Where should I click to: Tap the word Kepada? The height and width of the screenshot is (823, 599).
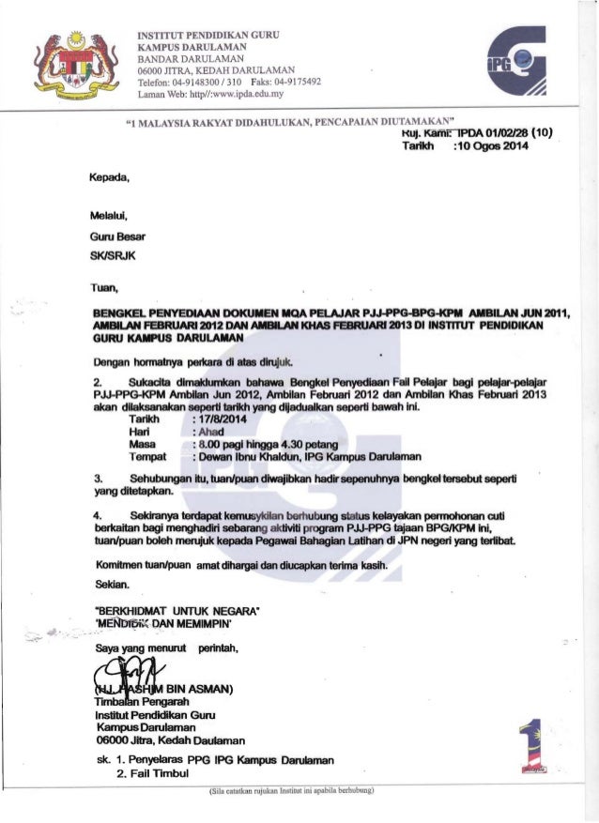(100, 175)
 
